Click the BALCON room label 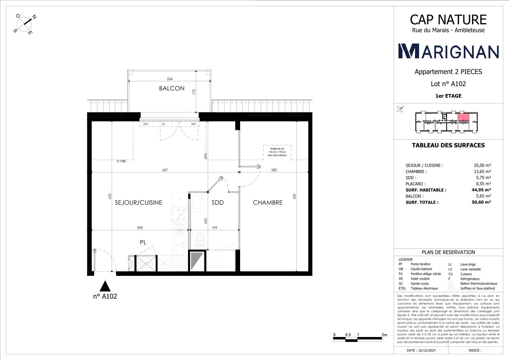coord(172,88)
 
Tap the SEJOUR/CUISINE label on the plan coord(138,202)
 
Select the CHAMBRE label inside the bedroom coord(267,202)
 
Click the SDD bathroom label coord(218,202)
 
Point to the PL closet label coord(143,243)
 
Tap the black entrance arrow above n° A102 coord(106,286)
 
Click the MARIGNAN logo coord(449,51)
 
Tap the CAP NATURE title coord(448,19)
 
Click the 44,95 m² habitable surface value coord(482,190)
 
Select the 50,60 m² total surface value coord(482,202)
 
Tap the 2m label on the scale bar coord(384,335)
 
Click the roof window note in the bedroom coord(277,152)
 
